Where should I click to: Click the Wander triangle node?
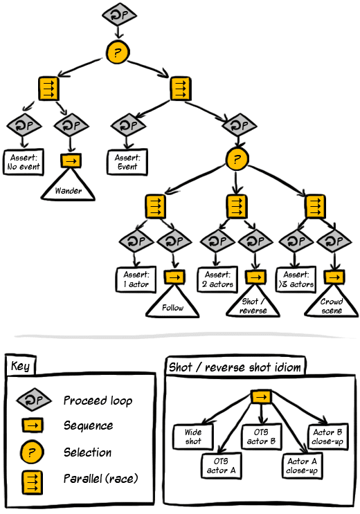[70, 188]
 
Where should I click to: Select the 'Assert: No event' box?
[24, 160]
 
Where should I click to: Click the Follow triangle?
[172, 304]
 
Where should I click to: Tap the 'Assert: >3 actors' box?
[295, 278]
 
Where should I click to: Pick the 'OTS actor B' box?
[262, 436]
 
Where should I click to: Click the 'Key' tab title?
[20, 367]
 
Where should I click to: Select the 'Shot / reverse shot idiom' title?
[235, 367]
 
